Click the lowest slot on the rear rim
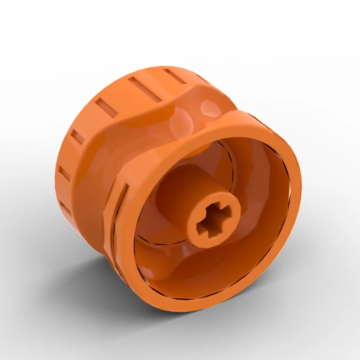pos(65,208)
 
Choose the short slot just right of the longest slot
pos(174,76)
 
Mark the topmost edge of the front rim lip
pos(252,115)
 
